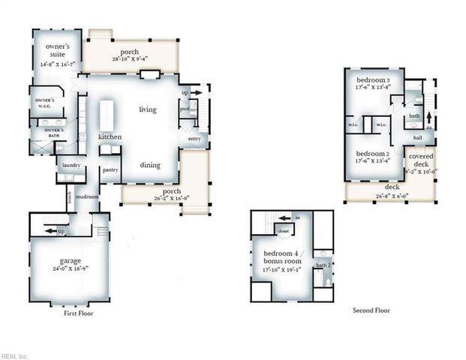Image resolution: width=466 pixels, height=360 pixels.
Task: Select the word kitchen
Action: coord(110,137)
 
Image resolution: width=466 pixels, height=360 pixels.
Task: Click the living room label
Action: coord(148,109)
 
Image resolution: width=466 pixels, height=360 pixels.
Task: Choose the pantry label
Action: coord(111,170)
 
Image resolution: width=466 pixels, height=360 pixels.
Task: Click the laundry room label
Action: coord(71,165)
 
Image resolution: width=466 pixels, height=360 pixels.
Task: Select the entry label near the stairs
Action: coord(194,139)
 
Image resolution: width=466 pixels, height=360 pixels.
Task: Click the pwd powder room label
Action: coord(185,109)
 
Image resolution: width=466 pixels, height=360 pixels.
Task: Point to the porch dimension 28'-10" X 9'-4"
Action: coord(132,58)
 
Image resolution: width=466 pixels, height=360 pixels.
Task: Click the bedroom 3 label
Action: coord(372,80)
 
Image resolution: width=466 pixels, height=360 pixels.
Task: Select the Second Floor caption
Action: coord(371,310)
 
